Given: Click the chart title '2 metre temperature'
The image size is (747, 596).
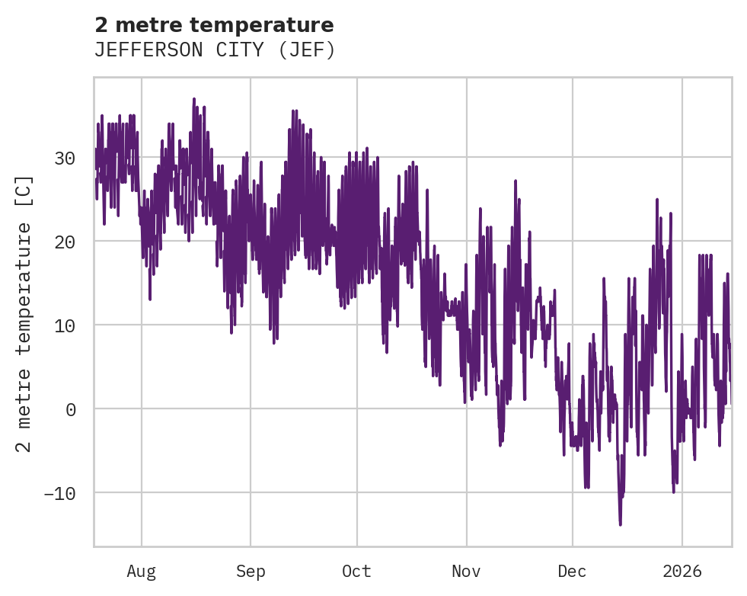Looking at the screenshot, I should pyautogui.click(x=214, y=25).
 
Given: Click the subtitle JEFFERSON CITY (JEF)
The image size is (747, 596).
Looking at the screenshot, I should pyautogui.click(x=214, y=50).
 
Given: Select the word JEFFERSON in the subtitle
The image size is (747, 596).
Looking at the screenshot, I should pyautogui.click(x=145, y=50).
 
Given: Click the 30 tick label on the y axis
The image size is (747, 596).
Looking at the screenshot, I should pyautogui.click(x=64, y=158).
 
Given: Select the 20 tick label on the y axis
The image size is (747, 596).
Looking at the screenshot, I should pyautogui.click(x=64, y=242).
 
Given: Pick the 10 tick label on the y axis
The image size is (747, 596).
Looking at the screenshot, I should pyautogui.click(x=64, y=325).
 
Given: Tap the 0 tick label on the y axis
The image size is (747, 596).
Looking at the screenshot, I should pyautogui.click(x=72, y=409).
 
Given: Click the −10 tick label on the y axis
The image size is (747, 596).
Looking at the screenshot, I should pyautogui.click(x=60, y=493).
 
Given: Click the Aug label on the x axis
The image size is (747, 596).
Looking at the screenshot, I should pyautogui.click(x=141, y=571).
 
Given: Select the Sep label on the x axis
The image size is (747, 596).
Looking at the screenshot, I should pyautogui.click(x=250, y=571).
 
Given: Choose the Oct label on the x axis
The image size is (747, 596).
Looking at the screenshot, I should pyautogui.click(x=356, y=571).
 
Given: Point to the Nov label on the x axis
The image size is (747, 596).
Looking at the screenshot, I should pyautogui.click(x=466, y=571).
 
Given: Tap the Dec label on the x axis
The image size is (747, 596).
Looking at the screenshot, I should pyautogui.click(x=572, y=571).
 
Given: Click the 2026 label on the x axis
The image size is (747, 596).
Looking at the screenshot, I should pyautogui.click(x=682, y=571).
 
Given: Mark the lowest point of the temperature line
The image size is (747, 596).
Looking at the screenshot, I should pyautogui.click(x=620, y=524).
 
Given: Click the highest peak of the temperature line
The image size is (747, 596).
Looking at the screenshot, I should pyautogui.click(x=194, y=99).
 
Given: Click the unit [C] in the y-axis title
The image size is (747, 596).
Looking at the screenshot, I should pyautogui.click(x=25, y=191).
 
